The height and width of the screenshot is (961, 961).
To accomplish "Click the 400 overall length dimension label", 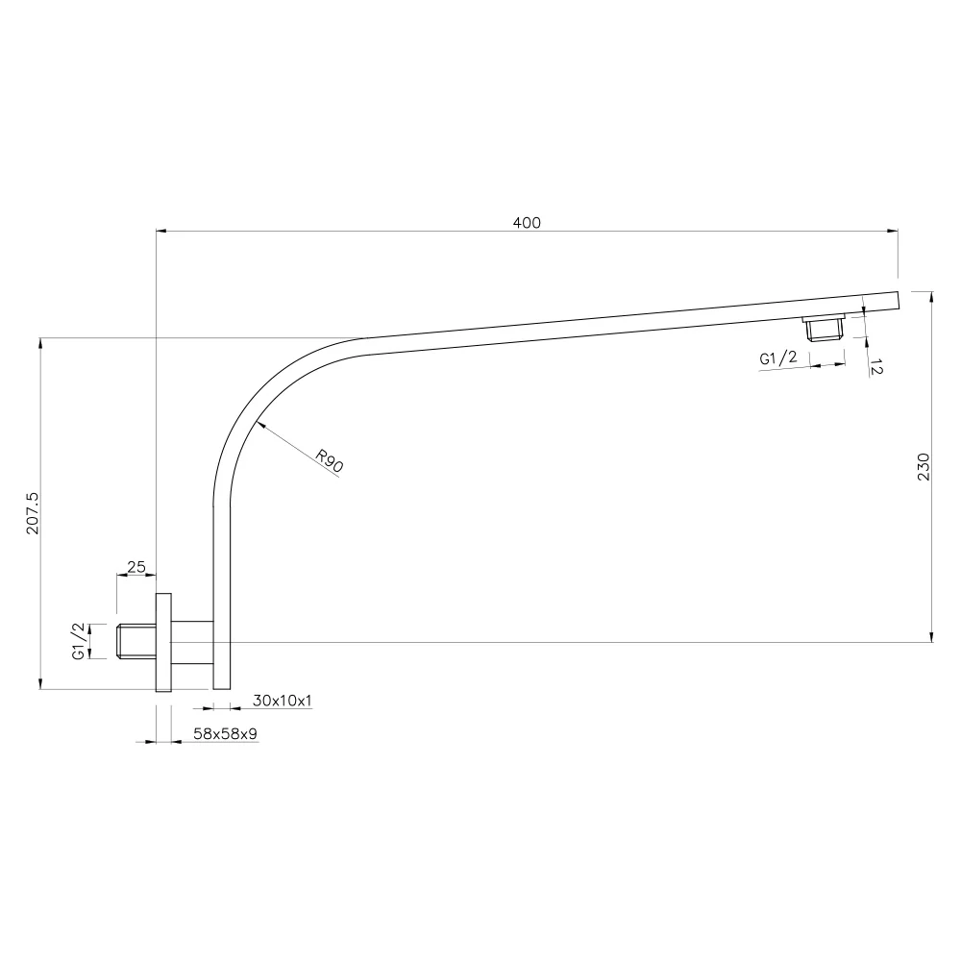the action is (x=527, y=223).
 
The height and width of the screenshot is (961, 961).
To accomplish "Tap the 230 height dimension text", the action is (x=924, y=466).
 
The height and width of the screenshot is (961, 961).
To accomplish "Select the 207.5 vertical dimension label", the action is (x=33, y=513).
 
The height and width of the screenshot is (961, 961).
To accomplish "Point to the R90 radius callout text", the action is (x=329, y=461).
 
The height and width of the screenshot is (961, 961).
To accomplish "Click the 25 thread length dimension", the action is (x=136, y=567).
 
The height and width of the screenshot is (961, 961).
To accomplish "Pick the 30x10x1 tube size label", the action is (x=282, y=700).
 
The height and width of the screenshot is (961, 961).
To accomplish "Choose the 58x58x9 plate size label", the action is (x=225, y=733).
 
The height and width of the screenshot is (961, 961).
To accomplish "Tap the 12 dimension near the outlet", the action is (x=876, y=368).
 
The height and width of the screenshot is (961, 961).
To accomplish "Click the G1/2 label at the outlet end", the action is (x=778, y=357).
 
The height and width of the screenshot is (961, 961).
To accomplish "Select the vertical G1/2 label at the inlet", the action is (x=79, y=641).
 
